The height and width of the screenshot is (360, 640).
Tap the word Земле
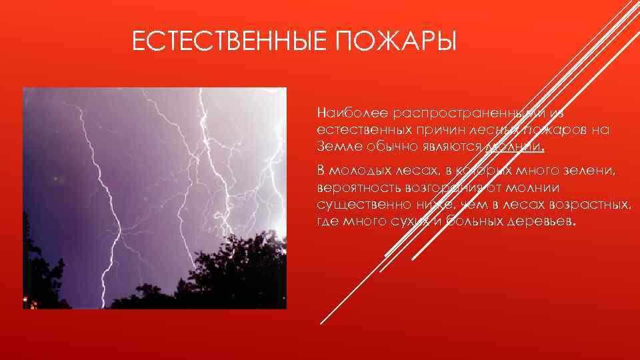click(x=337, y=147)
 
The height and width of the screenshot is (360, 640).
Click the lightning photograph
click(x=155, y=198)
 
